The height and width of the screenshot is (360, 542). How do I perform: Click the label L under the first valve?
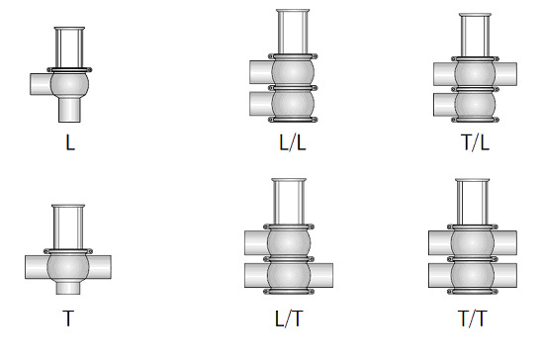tap(70, 142)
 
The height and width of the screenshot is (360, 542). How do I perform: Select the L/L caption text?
tap(293, 142)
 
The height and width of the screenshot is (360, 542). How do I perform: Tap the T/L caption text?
tap(476, 142)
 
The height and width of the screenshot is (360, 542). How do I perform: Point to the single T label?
tap(68, 318)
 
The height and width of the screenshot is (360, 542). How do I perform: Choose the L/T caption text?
tap(289, 318)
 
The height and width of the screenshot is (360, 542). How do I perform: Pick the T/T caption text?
tap(472, 318)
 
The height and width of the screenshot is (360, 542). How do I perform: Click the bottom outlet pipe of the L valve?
tap(69, 110)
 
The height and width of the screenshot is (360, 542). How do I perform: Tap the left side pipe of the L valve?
tap(41, 84)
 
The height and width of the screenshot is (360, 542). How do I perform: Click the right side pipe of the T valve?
tap(100, 267)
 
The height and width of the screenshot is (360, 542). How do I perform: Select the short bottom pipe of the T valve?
tap(68, 288)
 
